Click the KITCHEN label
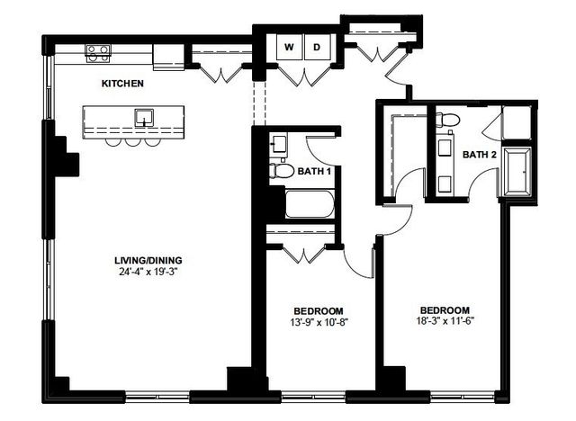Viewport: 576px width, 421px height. (x=122, y=84)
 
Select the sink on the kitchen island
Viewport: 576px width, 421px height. (x=142, y=117)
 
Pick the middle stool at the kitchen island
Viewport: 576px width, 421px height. (x=132, y=141)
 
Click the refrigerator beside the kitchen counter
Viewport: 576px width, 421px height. (x=167, y=55)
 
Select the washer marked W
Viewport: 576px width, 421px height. (x=290, y=47)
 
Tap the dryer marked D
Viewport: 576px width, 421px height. (x=318, y=47)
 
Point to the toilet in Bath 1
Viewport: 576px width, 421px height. (x=282, y=170)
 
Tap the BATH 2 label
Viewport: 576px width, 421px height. (x=480, y=155)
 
